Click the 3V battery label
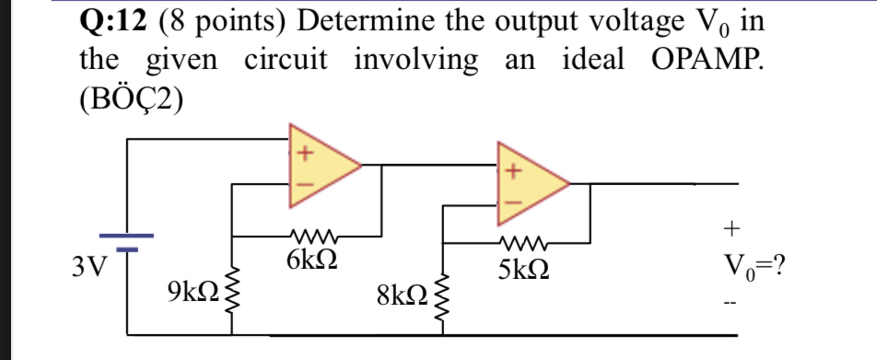(89, 267)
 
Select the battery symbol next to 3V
(126, 241)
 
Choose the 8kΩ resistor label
(402, 296)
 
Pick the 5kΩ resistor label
(523, 271)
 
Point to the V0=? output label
(753, 268)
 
